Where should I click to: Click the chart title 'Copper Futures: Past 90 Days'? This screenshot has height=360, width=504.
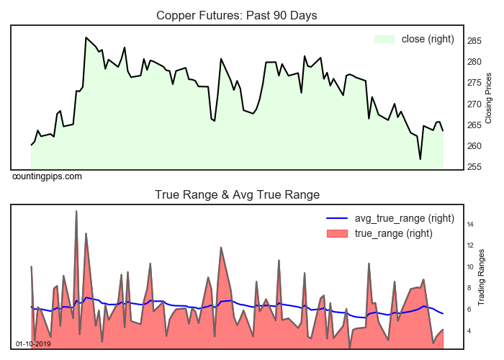237,15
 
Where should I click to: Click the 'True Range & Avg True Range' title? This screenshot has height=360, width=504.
237,194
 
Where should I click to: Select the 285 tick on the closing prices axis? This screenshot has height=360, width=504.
474,40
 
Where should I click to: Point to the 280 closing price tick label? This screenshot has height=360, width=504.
474,62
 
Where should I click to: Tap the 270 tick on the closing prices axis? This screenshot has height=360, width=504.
474,104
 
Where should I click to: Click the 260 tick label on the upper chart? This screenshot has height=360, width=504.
474,146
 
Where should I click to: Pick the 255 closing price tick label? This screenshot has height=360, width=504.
474,167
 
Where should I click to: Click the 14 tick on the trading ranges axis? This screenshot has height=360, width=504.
469,225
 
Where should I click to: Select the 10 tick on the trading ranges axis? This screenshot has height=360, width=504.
469,267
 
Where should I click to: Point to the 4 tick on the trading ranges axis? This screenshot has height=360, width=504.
469,331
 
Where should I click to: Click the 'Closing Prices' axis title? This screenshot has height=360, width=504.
488,97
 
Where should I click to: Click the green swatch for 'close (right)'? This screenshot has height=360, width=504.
384,39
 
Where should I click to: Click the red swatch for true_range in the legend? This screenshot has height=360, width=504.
337,233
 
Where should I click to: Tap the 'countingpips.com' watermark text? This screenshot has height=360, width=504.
47,176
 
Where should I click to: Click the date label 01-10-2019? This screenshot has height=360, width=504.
33,343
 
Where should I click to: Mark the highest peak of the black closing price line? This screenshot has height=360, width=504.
86,37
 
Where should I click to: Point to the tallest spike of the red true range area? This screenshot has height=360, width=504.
76,211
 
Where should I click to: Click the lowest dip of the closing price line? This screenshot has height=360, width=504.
420,159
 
